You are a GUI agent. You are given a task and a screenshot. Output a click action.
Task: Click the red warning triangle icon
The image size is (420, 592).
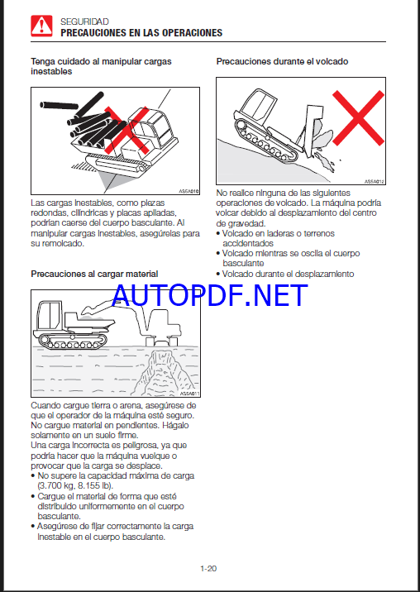tap(41, 26)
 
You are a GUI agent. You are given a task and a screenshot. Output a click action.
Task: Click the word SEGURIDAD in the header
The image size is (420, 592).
tap(84, 21)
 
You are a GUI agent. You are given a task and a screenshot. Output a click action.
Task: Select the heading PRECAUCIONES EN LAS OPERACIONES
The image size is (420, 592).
tap(141, 33)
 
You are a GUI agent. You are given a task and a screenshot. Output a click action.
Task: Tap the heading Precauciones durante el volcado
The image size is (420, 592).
tap(282, 61)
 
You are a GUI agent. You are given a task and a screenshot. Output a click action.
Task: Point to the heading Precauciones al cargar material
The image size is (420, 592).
tap(94, 274)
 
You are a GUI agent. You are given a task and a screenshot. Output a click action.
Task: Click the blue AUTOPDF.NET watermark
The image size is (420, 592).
tap(210, 295)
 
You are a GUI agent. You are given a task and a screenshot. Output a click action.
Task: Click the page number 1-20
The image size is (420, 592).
tap(208, 568)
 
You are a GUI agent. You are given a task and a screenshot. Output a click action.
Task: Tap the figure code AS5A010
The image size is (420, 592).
tap(189, 191)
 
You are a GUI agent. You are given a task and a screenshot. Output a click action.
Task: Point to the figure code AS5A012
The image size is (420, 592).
tap(375, 182)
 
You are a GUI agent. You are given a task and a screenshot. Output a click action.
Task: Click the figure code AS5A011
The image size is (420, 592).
tap(189, 394)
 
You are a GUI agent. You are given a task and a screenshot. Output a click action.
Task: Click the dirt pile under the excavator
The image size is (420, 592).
tap(164, 372)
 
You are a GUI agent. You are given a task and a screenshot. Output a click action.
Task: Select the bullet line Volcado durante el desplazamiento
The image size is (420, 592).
tap(285, 274)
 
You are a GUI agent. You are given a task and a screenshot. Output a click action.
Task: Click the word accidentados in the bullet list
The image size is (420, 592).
tap(248, 244)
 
